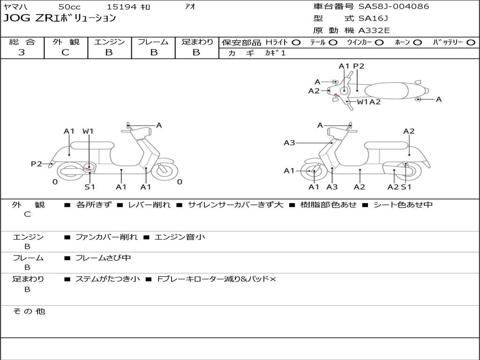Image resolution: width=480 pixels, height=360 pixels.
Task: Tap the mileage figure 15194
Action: tap(121, 7)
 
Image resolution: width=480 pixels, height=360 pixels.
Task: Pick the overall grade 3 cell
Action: tap(22, 52)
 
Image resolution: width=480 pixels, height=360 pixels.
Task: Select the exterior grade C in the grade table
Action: tap(66, 52)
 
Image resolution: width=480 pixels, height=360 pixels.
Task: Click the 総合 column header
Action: tap(22, 42)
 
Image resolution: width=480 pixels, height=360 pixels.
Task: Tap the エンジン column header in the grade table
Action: tap(109, 42)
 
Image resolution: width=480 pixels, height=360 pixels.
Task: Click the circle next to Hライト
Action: tap(296, 43)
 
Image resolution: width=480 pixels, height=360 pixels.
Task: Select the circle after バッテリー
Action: tap(471, 43)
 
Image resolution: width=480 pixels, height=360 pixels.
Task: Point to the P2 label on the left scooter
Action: tap(37, 164)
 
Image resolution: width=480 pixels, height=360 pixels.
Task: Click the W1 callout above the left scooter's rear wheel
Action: tap(88, 131)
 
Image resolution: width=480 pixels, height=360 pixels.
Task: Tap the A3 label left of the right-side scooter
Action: tap(290, 143)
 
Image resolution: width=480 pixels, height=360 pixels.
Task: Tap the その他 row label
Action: tap(29, 311)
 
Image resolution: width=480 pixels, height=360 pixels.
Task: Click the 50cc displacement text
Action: tap(69, 7)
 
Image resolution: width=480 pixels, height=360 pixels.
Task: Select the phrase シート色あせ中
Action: tap(403, 205)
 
